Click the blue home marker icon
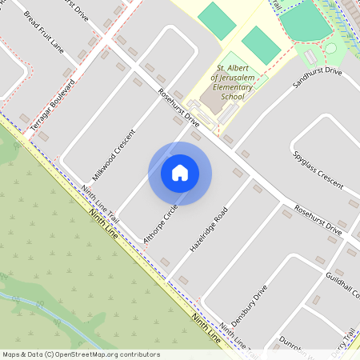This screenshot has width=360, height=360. [x=180, y=173]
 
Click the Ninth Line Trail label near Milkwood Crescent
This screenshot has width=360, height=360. [x=101, y=205]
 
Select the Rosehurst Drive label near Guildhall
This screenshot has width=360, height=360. [x=318, y=220]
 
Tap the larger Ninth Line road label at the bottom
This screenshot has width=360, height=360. [x=206, y=328]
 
